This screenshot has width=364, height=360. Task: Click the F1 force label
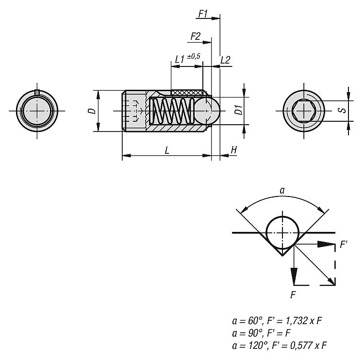coord(203,14)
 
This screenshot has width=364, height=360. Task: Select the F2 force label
coord(196,36)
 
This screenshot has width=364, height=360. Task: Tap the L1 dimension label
coord(180,59)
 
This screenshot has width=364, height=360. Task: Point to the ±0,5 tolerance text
coord(194,56)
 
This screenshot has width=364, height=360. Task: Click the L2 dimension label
coord(225,60)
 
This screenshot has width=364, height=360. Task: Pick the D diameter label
coord(92,111)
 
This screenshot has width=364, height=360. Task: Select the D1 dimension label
coord(239,110)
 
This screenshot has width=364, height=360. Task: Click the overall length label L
coord(167,150)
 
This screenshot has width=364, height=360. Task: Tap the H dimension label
coord(234,150)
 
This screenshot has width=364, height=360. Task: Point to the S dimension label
coord(343,110)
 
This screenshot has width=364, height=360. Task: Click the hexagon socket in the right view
coord(304,111)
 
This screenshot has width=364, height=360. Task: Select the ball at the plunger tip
coord(207,110)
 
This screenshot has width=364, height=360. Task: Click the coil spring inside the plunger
coord(172,111)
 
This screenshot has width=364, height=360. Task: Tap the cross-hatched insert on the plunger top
coord(187,93)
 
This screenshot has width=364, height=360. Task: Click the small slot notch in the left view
coord(37,92)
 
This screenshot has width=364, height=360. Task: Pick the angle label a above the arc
coord(282,191)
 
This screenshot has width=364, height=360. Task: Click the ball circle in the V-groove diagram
coord(282,232)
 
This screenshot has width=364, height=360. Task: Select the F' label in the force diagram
coord(343,245)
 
